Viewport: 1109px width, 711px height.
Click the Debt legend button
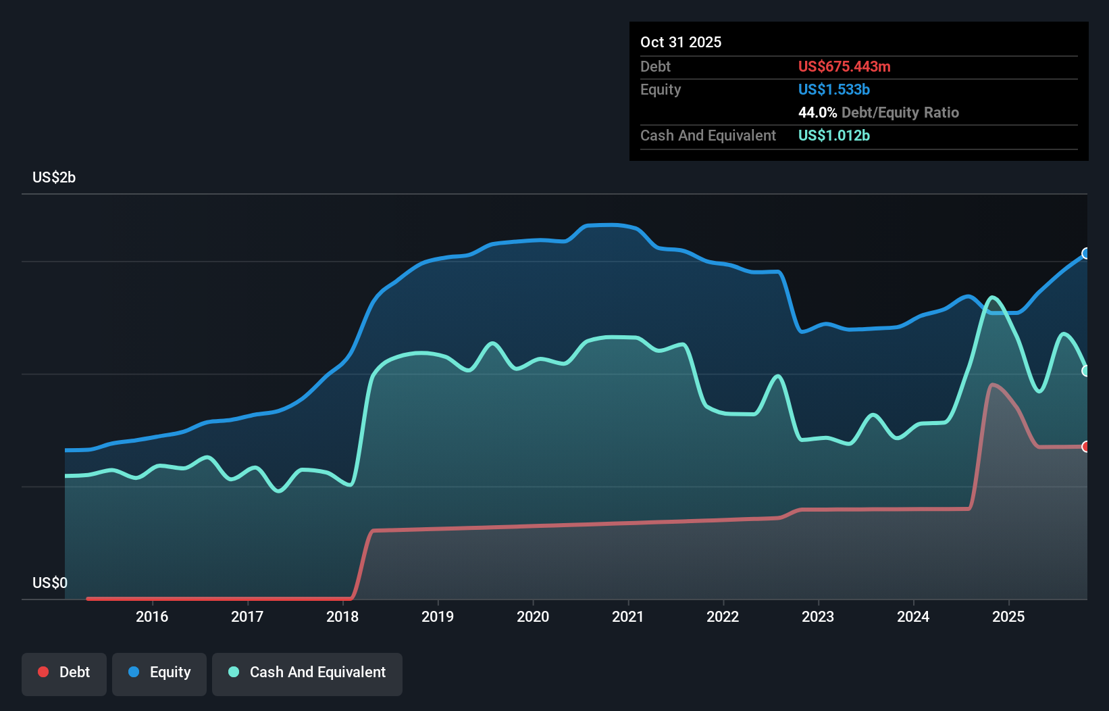[x=64, y=673]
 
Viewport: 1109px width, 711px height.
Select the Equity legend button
[x=159, y=673]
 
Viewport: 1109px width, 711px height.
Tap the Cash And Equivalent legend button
[x=307, y=673]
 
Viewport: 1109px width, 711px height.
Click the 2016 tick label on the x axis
[x=152, y=616]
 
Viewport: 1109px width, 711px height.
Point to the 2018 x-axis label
[x=342, y=616]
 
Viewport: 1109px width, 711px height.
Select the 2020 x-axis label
[x=533, y=616]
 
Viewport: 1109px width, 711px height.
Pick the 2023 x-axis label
[x=818, y=616]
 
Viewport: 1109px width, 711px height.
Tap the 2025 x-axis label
[x=1008, y=616]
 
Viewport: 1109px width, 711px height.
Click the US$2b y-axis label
[x=54, y=178]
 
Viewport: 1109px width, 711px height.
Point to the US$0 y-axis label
[x=50, y=583]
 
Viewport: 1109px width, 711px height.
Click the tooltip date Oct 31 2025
[x=681, y=43]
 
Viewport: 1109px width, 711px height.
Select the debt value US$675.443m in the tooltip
[x=844, y=67]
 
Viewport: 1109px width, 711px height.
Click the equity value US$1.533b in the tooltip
[x=834, y=90]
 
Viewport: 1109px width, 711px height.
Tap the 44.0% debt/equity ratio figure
[x=817, y=113]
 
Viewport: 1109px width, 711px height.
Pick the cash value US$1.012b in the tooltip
[x=834, y=136]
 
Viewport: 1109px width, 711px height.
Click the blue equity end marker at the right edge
[x=1086, y=253]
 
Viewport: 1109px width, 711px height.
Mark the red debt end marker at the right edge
[x=1086, y=447]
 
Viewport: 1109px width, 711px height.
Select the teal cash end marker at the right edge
[x=1086, y=371]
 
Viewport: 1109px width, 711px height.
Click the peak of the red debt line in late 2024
[x=991, y=385]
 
